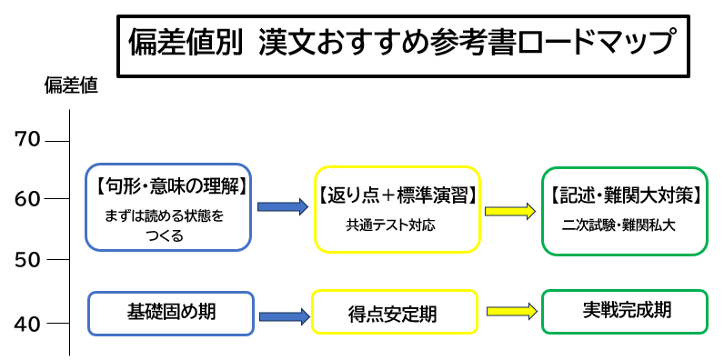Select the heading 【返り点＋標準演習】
pyautogui.click(x=397, y=194)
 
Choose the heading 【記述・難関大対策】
pyautogui.click(x=624, y=193)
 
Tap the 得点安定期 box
pyautogui.click(x=394, y=314)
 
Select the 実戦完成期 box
pyautogui.click(x=624, y=310)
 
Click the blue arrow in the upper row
pyautogui.click(x=284, y=207)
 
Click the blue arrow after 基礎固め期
pyautogui.click(x=283, y=315)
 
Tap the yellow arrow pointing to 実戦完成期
pyautogui.click(x=510, y=311)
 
